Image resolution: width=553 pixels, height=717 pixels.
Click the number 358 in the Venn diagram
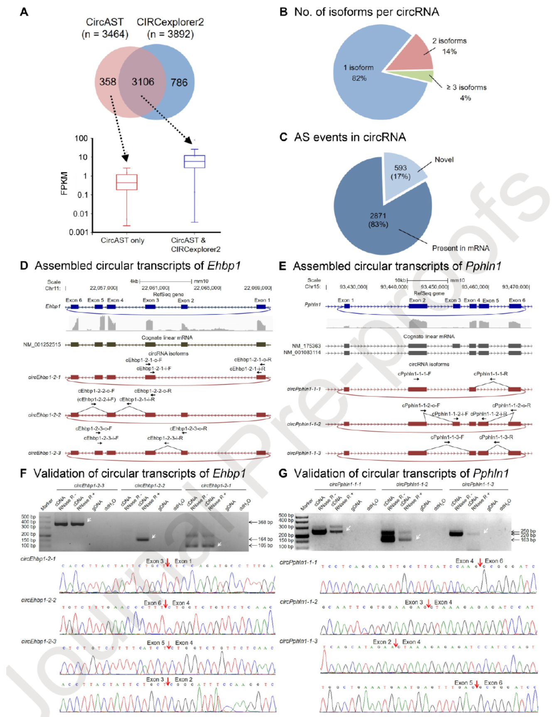pos(108,81)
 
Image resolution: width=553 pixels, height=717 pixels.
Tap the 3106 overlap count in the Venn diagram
pos(143,82)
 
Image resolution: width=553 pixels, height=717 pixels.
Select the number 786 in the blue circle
pos(179,83)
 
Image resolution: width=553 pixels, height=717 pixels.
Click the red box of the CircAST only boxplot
pos(127,182)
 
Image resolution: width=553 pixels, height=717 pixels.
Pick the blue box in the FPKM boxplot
pos(194,161)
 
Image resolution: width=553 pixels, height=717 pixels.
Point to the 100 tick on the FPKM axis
pos(81,138)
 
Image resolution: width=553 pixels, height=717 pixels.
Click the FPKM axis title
pos(64,183)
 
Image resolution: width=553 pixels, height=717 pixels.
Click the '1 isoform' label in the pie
pos(358,68)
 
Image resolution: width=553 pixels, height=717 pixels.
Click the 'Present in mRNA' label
pos(460,248)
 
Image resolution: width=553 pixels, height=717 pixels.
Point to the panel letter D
pos(24,266)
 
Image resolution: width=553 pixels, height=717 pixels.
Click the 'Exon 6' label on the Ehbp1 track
pos(74,300)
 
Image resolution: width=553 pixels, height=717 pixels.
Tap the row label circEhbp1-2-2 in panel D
pos(44,415)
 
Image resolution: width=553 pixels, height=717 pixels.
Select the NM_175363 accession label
pos(306,346)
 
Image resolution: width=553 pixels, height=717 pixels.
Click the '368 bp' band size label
pos(265,522)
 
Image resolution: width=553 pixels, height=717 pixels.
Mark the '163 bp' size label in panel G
pos(528,540)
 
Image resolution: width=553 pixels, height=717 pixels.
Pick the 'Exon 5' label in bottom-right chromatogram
pos(463,683)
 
